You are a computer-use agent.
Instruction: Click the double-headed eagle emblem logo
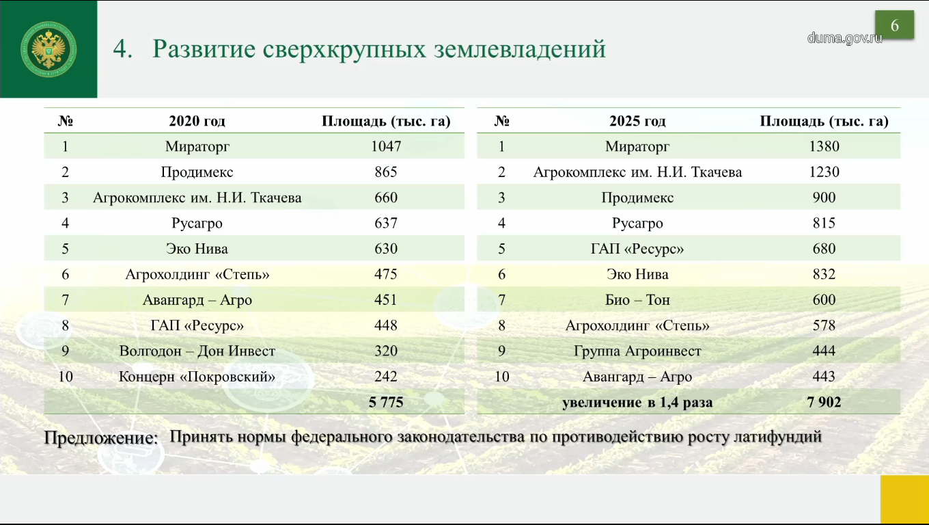click(48, 49)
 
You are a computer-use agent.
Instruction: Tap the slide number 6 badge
click(895, 25)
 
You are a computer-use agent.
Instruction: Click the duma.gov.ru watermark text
click(844, 38)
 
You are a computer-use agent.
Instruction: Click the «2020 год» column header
click(197, 121)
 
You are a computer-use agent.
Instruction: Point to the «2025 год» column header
click(637, 121)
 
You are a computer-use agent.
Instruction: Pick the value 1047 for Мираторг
click(386, 146)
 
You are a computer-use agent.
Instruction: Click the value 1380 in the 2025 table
click(824, 146)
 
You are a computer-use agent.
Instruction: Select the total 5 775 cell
click(386, 402)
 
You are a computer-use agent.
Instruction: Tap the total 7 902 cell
click(824, 402)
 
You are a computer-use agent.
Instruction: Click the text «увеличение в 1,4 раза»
click(637, 403)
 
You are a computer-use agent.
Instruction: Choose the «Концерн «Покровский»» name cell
click(197, 377)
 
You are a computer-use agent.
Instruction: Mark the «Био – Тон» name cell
click(637, 300)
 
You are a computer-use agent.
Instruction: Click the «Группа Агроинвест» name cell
click(637, 351)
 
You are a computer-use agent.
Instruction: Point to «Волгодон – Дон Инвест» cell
click(197, 351)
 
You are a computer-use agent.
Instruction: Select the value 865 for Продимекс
click(386, 172)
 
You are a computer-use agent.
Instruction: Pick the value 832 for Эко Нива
click(824, 274)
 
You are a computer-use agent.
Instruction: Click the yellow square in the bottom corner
click(904, 499)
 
